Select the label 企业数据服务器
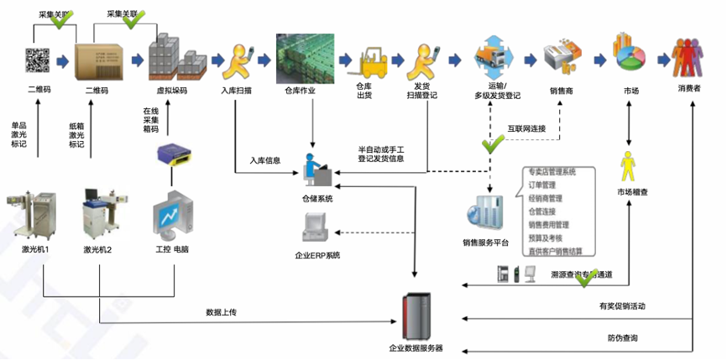416,347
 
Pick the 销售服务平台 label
486,243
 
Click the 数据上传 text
222,312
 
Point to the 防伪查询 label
623,338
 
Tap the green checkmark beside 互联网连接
492,145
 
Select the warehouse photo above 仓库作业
306,57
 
